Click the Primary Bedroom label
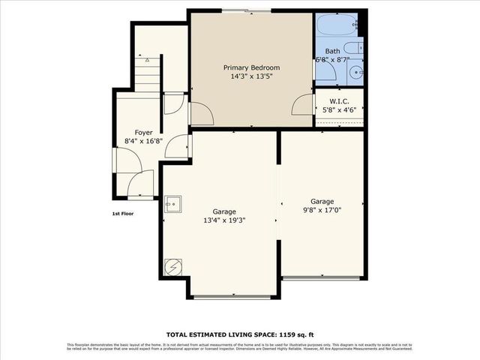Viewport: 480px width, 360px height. click(x=250, y=67)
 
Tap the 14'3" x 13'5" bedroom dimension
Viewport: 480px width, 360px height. click(x=250, y=76)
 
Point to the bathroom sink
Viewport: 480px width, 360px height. click(x=355, y=73)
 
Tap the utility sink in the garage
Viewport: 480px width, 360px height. click(x=173, y=202)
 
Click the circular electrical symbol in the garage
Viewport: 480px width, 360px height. click(x=172, y=266)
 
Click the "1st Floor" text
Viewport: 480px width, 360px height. click(x=123, y=214)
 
